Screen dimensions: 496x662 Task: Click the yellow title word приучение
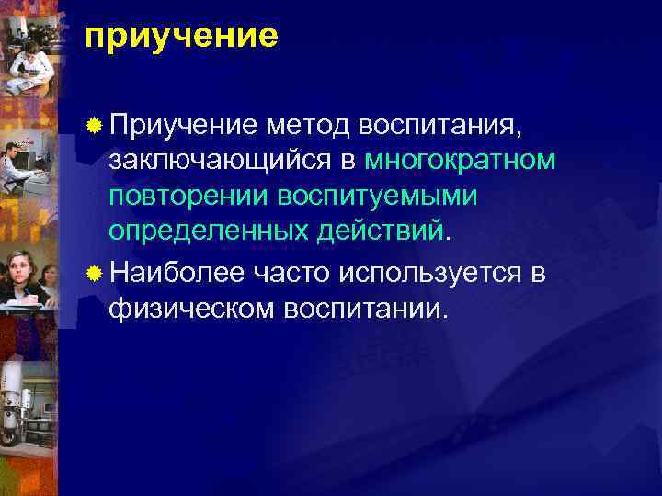[x=180, y=37]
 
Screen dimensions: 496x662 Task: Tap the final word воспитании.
[x=365, y=309]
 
